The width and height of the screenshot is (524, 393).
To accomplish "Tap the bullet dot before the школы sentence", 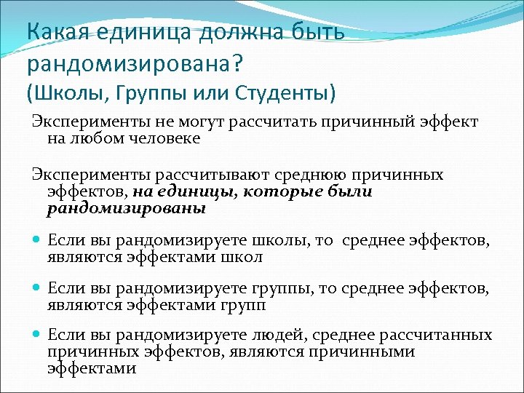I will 37,240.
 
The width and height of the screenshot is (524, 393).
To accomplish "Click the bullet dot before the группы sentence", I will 37,288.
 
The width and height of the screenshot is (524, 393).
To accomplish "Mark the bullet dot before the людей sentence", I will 37,336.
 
